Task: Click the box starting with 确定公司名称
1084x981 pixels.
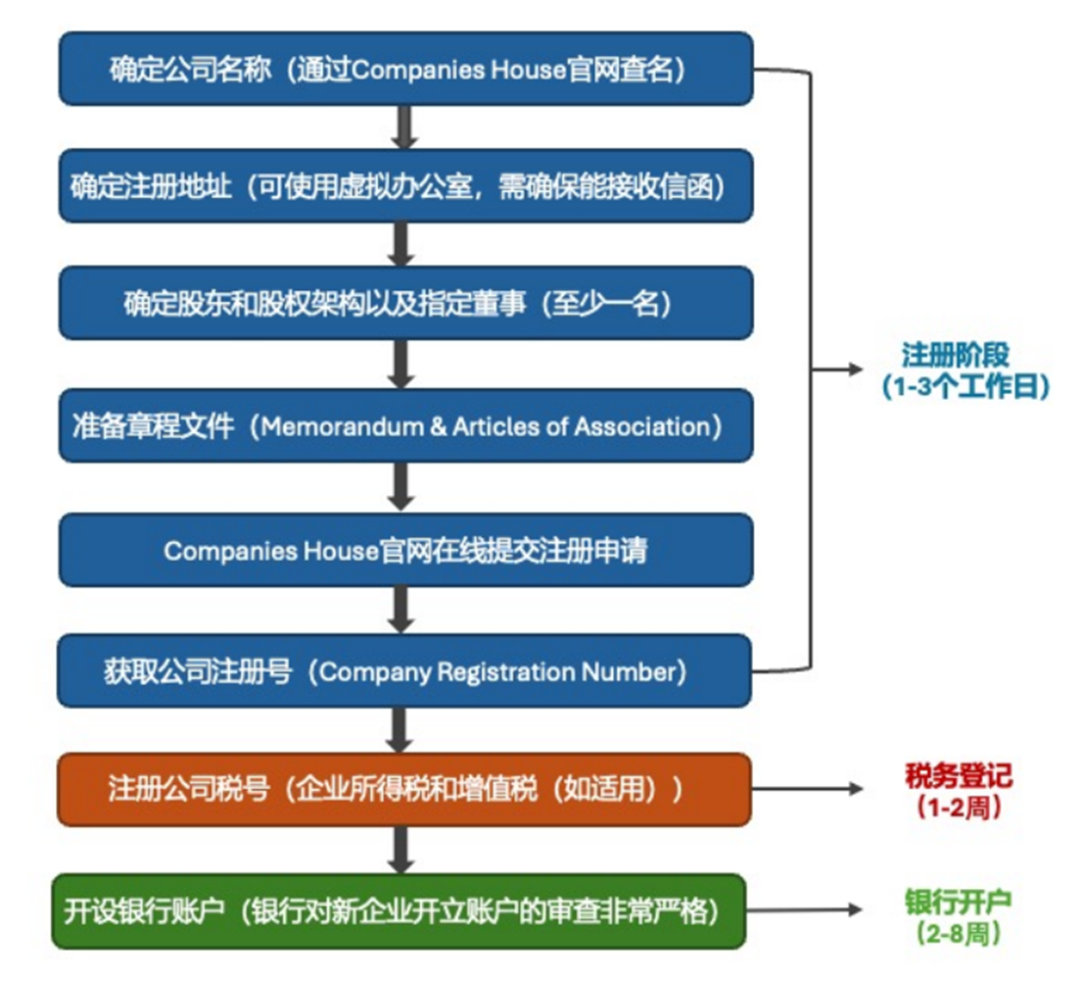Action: (x=405, y=70)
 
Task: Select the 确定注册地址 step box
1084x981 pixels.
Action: (x=405, y=186)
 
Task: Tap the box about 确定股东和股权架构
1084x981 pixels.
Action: (x=405, y=304)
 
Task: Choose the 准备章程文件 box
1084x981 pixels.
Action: (x=405, y=426)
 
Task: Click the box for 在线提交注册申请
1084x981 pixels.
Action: (x=405, y=550)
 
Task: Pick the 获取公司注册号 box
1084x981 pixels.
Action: (x=405, y=671)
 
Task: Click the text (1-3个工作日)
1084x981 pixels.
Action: (x=965, y=387)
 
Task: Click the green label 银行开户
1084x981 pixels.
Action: (x=958, y=901)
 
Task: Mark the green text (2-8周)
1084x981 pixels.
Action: (x=957, y=933)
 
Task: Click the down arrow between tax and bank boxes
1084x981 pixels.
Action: (x=400, y=849)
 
